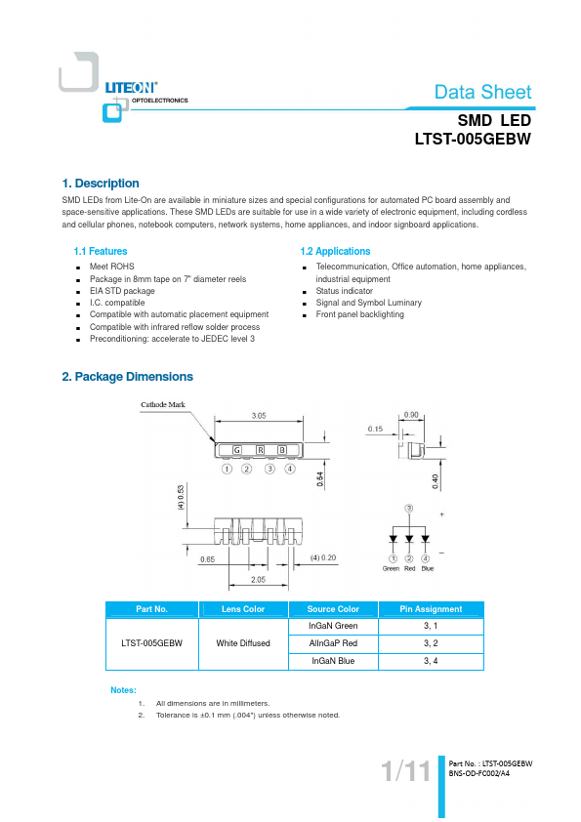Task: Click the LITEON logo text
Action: (x=131, y=88)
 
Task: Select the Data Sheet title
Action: (x=483, y=93)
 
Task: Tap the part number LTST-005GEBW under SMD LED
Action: (x=473, y=139)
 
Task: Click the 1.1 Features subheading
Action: (x=101, y=251)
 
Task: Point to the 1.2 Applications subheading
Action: (x=335, y=251)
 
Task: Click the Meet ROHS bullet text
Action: (x=111, y=267)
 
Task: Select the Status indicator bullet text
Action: (x=344, y=290)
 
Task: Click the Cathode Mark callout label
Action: (x=162, y=404)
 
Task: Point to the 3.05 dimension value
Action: (x=259, y=416)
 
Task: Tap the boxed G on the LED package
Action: (x=237, y=450)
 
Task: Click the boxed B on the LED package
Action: (x=282, y=450)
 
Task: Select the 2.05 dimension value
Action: (x=258, y=579)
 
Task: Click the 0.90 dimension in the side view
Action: (x=411, y=415)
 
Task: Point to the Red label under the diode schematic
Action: (x=409, y=568)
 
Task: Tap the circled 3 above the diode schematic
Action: (x=409, y=508)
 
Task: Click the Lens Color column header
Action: (x=243, y=609)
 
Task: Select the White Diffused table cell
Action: (x=243, y=643)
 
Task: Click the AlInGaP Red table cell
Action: (x=333, y=643)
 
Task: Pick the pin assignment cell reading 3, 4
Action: (x=431, y=661)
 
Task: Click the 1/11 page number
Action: (x=406, y=771)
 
